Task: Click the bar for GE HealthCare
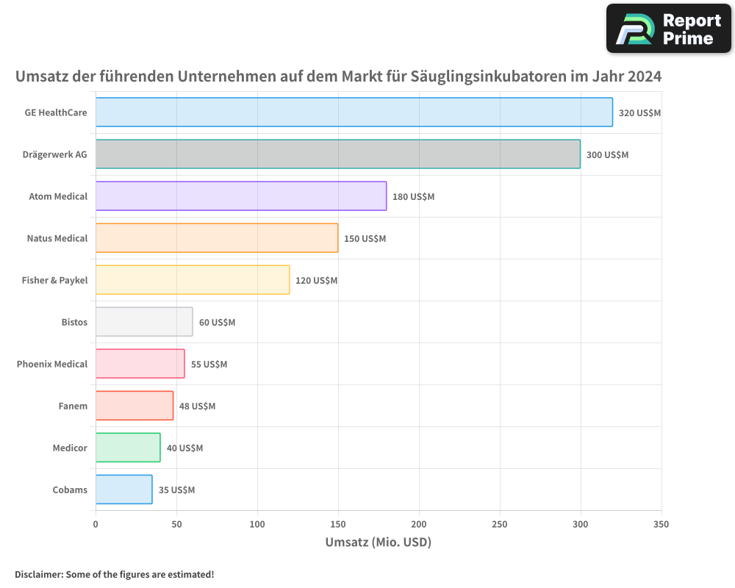(x=354, y=112)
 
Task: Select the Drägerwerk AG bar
(x=337, y=154)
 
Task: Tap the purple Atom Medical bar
(x=240, y=196)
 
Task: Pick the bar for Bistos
(x=144, y=322)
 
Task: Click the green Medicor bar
(x=128, y=448)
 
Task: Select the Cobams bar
(x=123, y=490)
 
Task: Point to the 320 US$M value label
(x=639, y=113)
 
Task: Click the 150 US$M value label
(x=365, y=239)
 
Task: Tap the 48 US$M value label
(x=197, y=406)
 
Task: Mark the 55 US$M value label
(x=209, y=365)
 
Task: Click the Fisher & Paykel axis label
(x=54, y=280)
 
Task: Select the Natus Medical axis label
(x=57, y=238)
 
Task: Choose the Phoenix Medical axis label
(x=52, y=364)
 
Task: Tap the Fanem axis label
(x=73, y=406)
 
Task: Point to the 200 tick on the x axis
(x=419, y=524)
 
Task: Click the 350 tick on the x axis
(x=661, y=524)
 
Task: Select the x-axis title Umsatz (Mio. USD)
(x=378, y=542)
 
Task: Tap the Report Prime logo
(x=668, y=29)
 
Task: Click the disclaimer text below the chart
(x=114, y=574)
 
